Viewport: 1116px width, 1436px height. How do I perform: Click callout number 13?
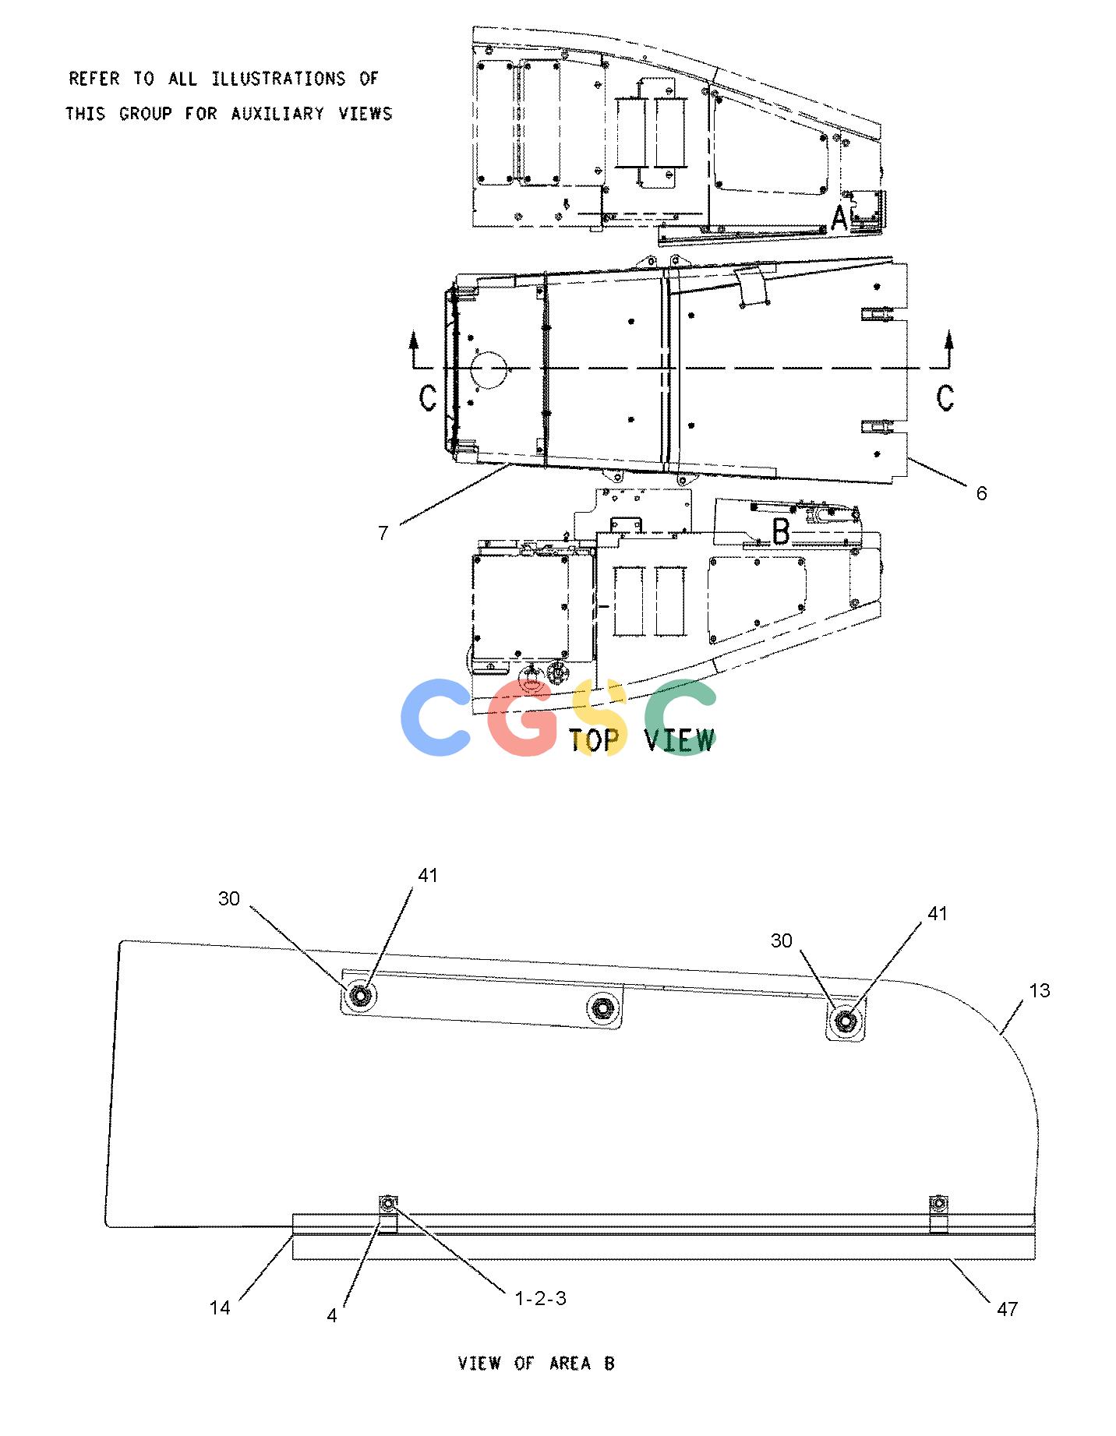click(x=1040, y=991)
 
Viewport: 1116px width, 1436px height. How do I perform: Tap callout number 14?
click(x=220, y=1308)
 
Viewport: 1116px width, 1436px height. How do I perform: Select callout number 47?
click(x=1007, y=1309)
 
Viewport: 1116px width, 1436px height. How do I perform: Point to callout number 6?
click(x=981, y=493)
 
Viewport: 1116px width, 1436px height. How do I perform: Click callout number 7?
click(x=383, y=534)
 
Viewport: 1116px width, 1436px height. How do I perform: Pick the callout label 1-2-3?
click(x=540, y=1299)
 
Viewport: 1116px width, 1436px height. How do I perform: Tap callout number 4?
click(x=332, y=1316)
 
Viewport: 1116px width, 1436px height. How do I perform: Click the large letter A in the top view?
click(x=839, y=217)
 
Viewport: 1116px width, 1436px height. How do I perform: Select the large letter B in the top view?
click(x=781, y=533)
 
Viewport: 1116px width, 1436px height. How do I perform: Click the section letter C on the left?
click(x=428, y=397)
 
